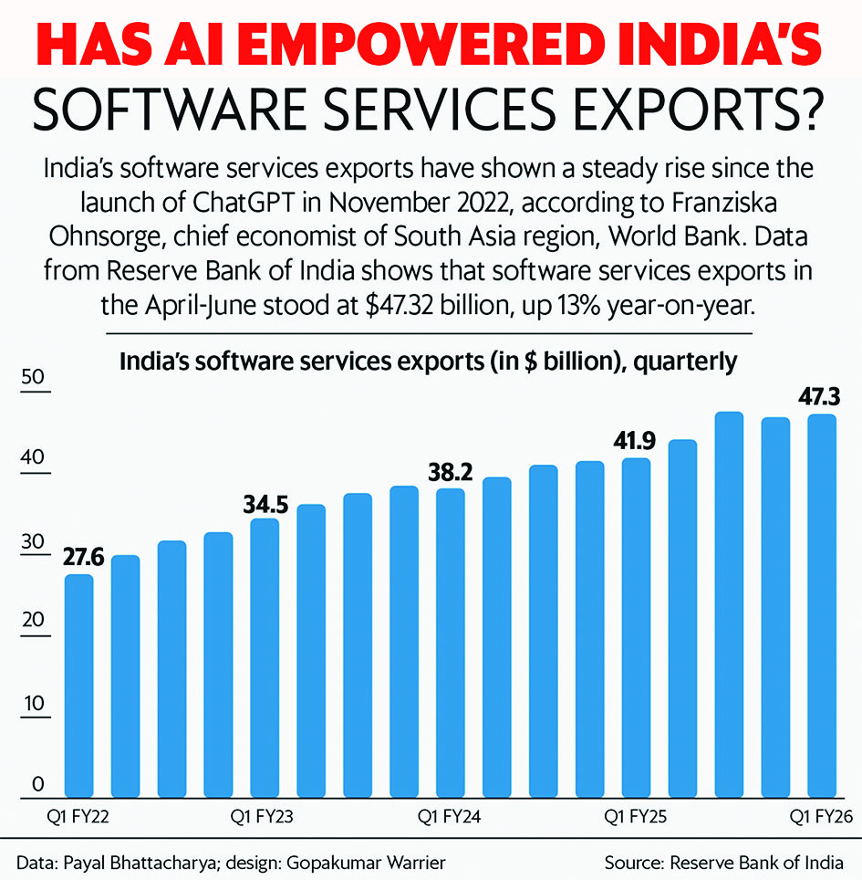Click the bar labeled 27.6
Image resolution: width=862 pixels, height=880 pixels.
78,685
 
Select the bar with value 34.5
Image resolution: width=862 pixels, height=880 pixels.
265,657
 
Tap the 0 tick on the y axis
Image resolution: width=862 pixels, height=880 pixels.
37,783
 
